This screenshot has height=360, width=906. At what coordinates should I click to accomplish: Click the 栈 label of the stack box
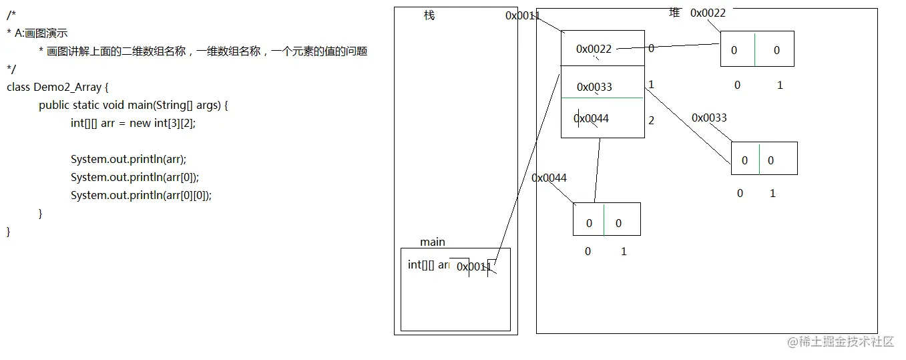coord(429,15)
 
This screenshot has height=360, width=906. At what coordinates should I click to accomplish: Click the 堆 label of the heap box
coord(674,13)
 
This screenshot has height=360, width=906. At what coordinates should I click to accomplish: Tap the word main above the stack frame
coord(433,242)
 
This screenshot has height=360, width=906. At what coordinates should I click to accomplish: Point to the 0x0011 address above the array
coord(523,15)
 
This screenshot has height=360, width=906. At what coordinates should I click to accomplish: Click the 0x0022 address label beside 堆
coord(708,13)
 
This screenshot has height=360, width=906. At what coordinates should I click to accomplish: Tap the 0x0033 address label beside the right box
coord(709,118)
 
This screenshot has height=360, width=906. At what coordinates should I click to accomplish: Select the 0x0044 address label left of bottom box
coord(549,178)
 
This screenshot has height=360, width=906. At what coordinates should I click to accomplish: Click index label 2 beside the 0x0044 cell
coord(651,120)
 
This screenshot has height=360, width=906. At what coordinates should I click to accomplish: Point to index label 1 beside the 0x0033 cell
coord(651,85)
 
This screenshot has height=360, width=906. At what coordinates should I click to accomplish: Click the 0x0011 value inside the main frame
coord(474,267)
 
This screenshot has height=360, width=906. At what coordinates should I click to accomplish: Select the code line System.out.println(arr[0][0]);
coord(141,195)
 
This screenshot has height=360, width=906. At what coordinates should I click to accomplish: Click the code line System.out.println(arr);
coord(128,159)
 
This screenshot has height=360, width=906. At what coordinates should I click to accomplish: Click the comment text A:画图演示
coord(41,33)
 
